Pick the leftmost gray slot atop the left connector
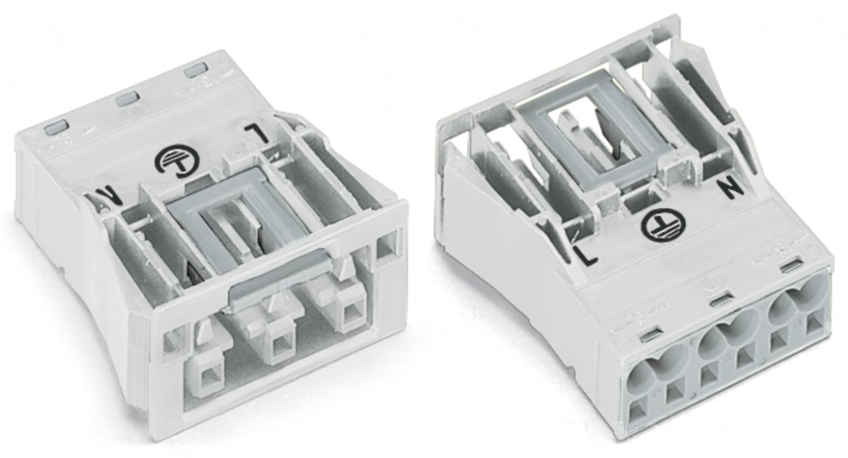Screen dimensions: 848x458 56,127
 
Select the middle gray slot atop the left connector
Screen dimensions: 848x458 128,99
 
